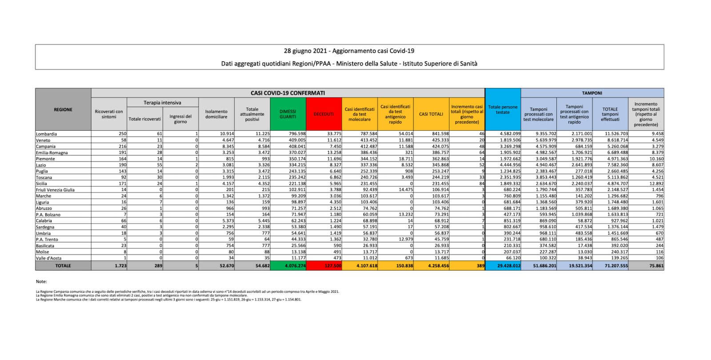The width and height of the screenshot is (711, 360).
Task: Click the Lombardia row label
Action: coord(47,134)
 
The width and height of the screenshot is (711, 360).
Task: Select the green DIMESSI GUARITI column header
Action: coord(288,114)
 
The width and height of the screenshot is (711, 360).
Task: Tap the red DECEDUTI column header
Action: coord(324,114)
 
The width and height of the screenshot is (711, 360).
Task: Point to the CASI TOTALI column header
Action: coord(431,114)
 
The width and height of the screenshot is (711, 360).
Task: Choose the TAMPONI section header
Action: coord(592,93)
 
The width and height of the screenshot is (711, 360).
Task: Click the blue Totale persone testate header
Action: coord(503,110)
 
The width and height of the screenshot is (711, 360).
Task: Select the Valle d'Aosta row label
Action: coord(49,258)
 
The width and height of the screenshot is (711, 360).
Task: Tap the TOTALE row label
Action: coord(63,266)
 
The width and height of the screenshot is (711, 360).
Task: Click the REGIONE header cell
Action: coord(63,110)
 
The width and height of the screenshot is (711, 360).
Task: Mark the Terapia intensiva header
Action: coord(162,103)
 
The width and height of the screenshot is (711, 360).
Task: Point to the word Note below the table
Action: coord(41,282)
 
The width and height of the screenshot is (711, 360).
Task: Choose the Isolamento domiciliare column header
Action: coord(216,114)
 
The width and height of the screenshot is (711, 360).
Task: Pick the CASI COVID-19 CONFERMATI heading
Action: coord(288,93)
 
